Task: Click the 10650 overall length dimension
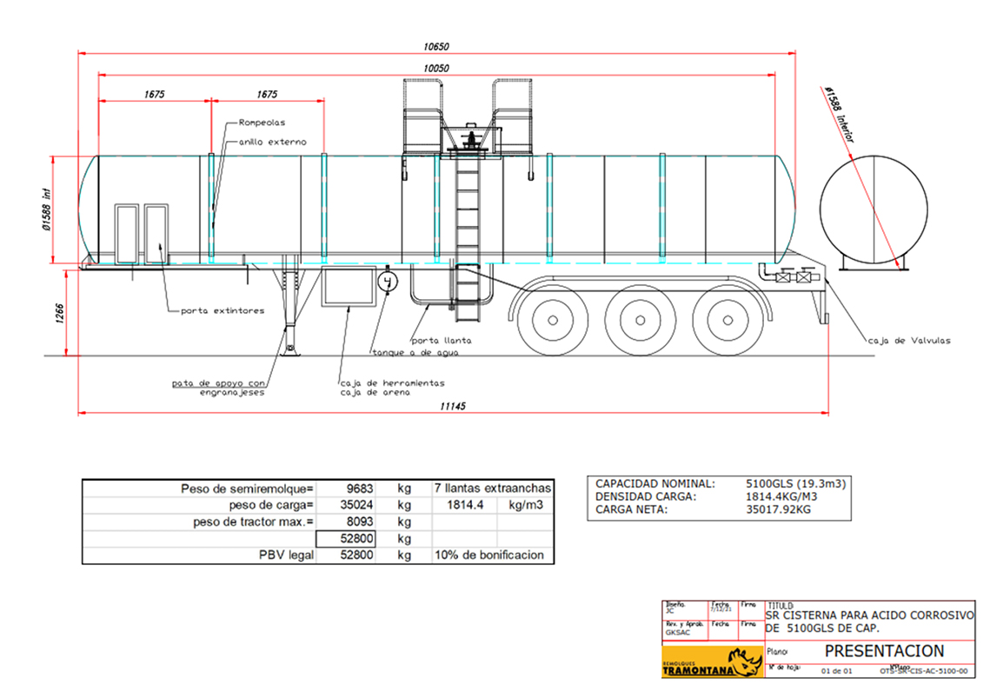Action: pos(436,46)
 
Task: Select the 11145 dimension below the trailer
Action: pos(452,406)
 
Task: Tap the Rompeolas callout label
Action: pos(262,123)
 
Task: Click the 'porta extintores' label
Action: pos(223,310)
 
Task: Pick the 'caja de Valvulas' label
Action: pos(909,341)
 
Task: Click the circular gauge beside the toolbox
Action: pos(388,282)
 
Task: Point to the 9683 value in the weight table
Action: pos(359,489)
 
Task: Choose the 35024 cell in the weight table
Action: pos(357,505)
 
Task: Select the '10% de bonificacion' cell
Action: pos(492,555)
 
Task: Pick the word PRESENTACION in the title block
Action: pos(884,650)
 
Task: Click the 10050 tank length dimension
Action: pos(436,68)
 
